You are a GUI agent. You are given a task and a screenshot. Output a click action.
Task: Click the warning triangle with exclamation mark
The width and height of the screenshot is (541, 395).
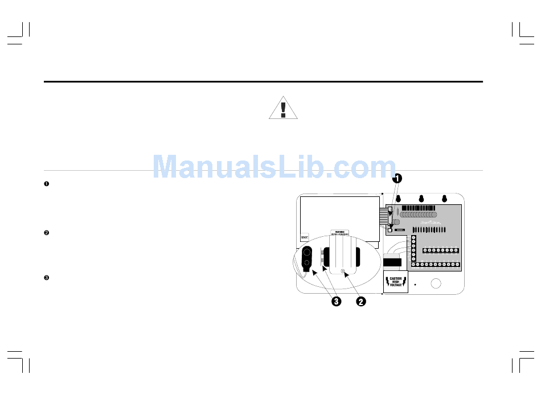[x=283, y=108]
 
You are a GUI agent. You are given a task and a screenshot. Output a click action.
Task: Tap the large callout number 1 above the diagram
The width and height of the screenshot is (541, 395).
[x=397, y=178]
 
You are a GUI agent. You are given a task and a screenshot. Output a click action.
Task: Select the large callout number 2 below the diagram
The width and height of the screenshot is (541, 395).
[x=360, y=301]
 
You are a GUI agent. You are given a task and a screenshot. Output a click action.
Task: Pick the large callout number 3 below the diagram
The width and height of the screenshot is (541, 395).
[x=337, y=301]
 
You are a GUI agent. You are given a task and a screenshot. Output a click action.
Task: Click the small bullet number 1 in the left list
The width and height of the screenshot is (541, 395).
[x=47, y=183]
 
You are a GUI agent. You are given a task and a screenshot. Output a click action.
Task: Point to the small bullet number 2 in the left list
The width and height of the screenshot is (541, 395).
[x=47, y=233]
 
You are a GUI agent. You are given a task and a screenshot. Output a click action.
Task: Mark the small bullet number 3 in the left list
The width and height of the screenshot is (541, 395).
[x=47, y=278]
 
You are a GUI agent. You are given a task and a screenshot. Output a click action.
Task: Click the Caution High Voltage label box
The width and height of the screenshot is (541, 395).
[x=396, y=282]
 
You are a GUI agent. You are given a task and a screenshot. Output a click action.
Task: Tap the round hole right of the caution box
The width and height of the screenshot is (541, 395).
[x=436, y=284]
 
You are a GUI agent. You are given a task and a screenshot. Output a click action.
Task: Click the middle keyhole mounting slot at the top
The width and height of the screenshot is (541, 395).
[x=421, y=198]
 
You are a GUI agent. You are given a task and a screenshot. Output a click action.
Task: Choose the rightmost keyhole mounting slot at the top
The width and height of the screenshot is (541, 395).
[x=444, y=198]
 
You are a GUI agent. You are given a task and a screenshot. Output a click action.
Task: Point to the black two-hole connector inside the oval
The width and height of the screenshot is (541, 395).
[x=307, y=257]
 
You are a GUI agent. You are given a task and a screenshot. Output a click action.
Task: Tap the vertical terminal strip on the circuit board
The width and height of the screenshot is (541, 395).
[x=413, y=248]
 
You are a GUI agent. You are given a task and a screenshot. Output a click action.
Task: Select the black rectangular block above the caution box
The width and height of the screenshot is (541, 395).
[x=392, y=262]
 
